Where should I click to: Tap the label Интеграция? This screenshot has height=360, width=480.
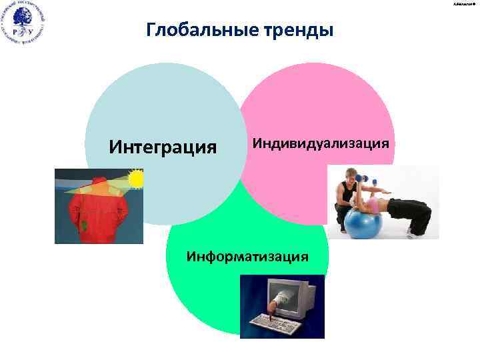(x=163, y=145)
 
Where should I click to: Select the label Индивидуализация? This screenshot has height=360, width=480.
(x=320, y=143)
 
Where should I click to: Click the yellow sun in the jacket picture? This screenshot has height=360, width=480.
(x=135, y=179)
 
